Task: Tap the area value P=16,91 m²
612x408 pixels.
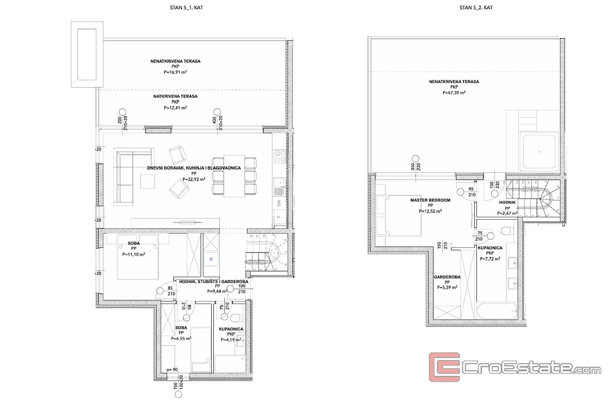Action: [175, 73]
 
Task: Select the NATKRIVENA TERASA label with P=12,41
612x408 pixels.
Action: [175, 96]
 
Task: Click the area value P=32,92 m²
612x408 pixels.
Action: [194, 180]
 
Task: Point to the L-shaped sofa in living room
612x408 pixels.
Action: [125, 176]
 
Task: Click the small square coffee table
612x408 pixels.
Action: [148, 181]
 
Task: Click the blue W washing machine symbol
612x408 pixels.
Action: [211, 259]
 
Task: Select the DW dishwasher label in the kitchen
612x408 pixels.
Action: [278, 202]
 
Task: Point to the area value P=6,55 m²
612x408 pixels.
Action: [181, 338]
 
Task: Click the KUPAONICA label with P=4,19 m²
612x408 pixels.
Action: [232, 329]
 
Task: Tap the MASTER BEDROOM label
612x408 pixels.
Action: [430, 200]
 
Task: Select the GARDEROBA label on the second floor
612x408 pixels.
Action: [447, 277]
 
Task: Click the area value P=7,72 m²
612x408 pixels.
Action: [490, 259]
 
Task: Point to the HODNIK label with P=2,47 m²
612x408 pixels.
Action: [507, 202]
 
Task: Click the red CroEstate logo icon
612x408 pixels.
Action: [444, 368]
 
